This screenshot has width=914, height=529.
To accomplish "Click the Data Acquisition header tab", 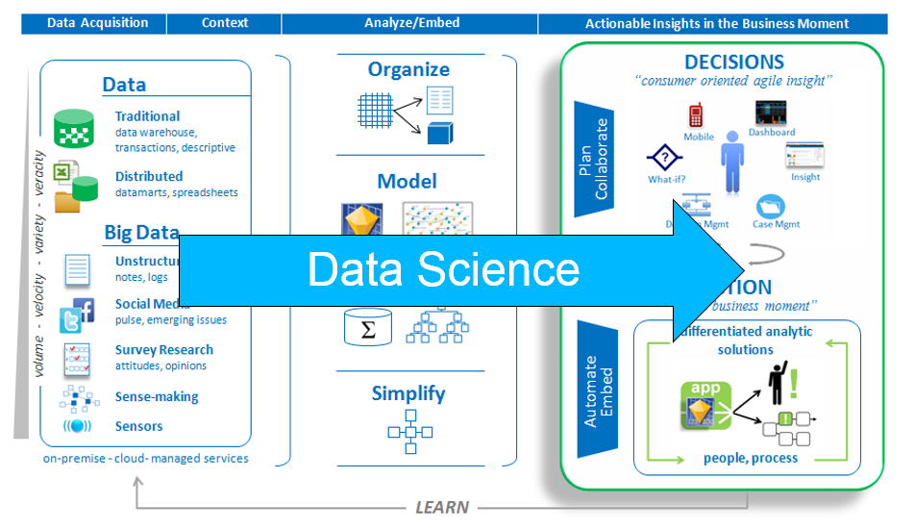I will (97, 23).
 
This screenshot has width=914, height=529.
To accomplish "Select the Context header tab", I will (225, 23).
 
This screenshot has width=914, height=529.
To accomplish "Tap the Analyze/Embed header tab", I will (412, 23).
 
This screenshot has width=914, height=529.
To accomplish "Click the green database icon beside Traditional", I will (74, 128).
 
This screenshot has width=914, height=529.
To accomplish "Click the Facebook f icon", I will (85, 309).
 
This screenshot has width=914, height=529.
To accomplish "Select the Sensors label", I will (138, 426).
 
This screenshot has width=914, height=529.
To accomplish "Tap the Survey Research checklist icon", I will (76, 358).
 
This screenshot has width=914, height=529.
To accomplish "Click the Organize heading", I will (408, 69).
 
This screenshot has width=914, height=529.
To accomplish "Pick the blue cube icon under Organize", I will (439, 133).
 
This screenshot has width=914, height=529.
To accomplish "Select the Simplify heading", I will (408, 393).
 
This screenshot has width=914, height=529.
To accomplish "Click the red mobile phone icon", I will (696, 116).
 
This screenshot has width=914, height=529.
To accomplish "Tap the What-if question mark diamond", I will (663, 157).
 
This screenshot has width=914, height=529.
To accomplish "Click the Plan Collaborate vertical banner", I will (594, 159).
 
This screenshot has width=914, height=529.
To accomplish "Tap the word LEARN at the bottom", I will (442, 507).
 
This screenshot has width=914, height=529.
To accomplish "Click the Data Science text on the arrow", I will (443, 269).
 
